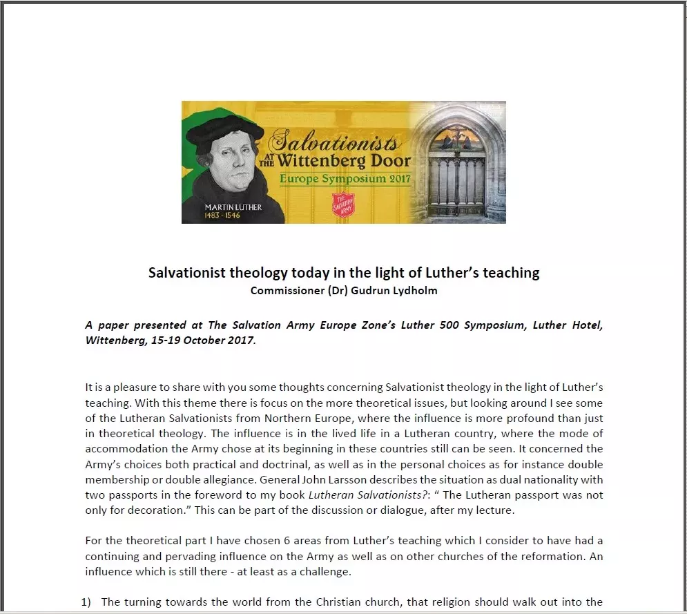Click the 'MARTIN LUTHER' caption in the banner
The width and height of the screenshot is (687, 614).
pyautogui.click(x=233, y=207)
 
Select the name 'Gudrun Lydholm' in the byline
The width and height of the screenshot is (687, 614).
pyautogui.click(x=400, y=290)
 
